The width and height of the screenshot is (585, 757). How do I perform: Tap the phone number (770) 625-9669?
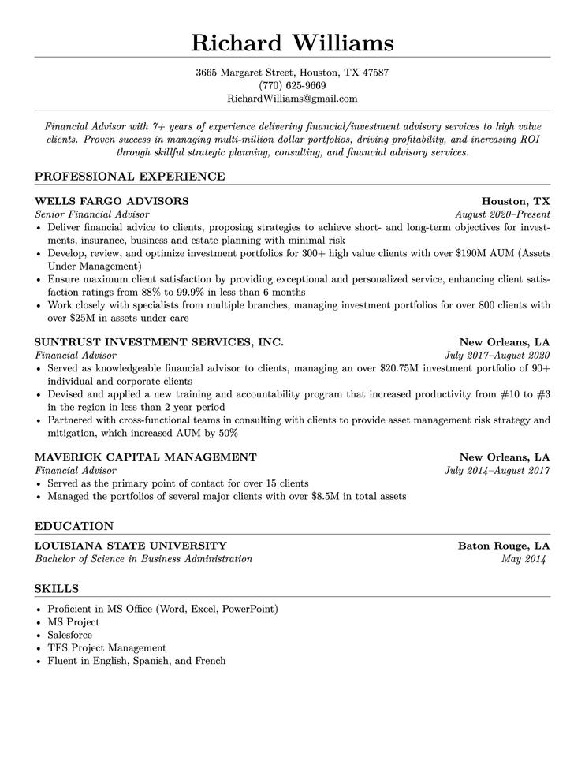click(292, 85)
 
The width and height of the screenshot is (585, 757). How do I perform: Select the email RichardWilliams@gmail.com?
click(292, 99)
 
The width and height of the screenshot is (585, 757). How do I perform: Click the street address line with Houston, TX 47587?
click(292, 72)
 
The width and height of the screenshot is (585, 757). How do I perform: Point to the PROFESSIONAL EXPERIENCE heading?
click(130, 176)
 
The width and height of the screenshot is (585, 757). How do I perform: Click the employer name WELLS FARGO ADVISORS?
click(112, 201)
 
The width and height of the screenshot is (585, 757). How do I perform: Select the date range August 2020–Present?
click(502, 214)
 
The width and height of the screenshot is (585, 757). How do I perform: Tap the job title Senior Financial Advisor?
click(91, 214)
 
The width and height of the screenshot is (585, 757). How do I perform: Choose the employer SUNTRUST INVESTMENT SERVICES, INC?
click(159, 342)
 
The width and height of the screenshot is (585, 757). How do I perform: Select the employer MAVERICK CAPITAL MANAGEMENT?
click(146, 457)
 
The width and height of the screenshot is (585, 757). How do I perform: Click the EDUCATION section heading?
click(74, 526)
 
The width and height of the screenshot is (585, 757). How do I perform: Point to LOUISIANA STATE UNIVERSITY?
click(131, 546)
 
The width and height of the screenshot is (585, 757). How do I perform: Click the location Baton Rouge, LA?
click(504, 546)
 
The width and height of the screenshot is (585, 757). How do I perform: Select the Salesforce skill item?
click(69, 634)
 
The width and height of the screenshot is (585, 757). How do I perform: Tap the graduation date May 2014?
click(524, 559)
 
